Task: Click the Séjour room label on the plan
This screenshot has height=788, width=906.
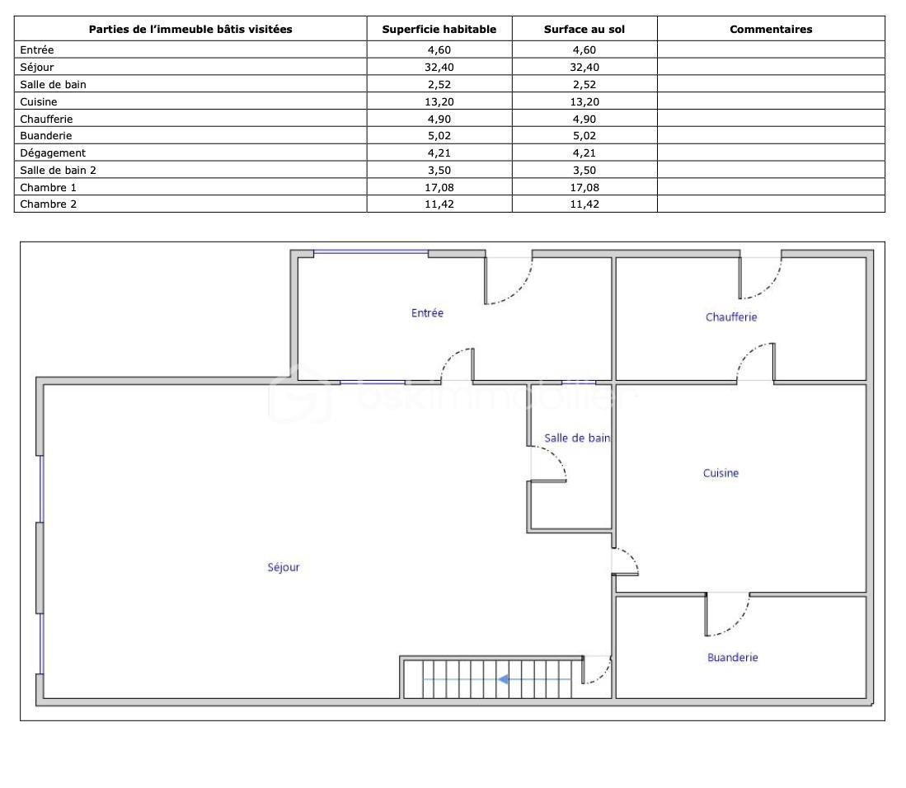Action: coord(284,567)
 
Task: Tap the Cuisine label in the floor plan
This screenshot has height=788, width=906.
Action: coord(721,473)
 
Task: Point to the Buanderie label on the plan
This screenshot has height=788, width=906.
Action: coord(733,658)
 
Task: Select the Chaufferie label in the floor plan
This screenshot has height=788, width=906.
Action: coord(731,317)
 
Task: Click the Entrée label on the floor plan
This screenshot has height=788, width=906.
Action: coord(427,313)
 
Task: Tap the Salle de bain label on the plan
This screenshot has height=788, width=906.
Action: coord(576,438)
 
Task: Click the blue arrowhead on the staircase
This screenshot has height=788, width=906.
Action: coord(503,679)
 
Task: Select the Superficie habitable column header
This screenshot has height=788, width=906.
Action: coord(439,30)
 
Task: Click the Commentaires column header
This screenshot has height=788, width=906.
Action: coord(771,30)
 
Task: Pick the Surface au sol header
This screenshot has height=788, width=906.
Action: coord(584,30)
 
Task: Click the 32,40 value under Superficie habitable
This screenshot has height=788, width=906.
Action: coord(439,67)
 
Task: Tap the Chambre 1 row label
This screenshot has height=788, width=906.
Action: coord(48,188)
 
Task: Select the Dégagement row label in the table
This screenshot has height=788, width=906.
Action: coord(53,153)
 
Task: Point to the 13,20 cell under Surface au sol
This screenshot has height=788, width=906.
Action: coord(584,101)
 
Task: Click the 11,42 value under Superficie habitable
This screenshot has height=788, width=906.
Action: coord(439,204)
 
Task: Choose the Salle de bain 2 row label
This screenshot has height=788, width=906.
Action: coord(58,171)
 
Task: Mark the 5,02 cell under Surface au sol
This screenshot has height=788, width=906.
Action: coord(584,136)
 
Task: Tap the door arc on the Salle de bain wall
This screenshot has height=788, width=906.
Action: coord(556,457)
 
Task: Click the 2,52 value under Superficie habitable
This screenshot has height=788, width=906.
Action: coord(439,84)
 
